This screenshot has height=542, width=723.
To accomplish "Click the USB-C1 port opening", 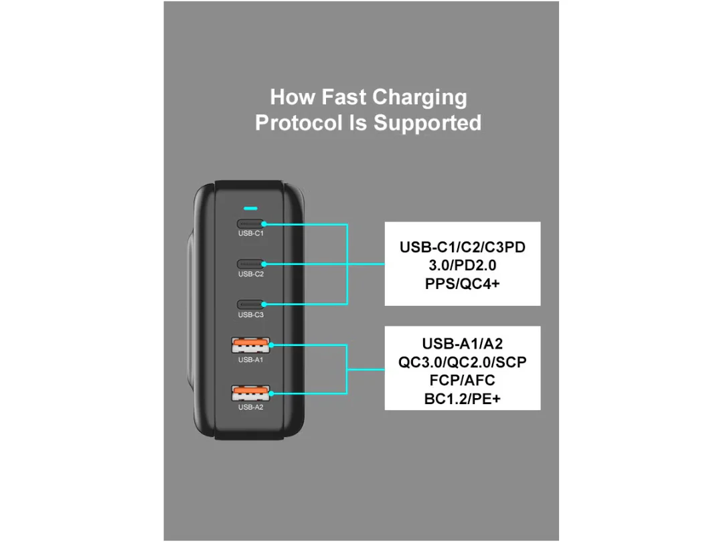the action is [x=250, y=224].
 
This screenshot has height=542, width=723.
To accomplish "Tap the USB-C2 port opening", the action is [x=250, y=264].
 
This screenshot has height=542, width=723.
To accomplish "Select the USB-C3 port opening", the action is [x=250, y=304].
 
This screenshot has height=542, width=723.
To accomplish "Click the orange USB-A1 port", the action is [x=250, y=345].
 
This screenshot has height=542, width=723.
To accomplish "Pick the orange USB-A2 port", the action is [x=250, y=393].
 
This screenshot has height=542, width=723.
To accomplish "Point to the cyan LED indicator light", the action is [x=250, y=208].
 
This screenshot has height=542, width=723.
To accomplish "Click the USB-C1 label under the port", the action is [x=251, y=234].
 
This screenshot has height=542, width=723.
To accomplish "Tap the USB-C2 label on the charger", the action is [x=251, y=274].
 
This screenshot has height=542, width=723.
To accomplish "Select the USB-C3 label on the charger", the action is [x=251, y=314].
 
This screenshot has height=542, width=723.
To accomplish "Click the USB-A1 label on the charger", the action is [x=251, y=360].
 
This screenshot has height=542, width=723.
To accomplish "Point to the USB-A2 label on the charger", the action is [x=251, y=408].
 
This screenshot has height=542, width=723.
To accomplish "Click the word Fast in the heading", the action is [x=344, y=97].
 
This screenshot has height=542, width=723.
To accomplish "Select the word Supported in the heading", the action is [x=427, y=124].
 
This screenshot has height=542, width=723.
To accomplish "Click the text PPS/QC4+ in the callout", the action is [x=463, y=284].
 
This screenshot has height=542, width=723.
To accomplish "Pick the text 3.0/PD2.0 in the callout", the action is [x=463, y=266].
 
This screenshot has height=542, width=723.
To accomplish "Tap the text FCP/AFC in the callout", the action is [x=463, y=381].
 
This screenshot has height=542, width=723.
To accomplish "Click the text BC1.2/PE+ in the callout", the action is [x=463, y=399].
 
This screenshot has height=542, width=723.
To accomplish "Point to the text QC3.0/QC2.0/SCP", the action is [x=463, y=362].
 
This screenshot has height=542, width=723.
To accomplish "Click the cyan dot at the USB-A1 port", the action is [x=271, y=345].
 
